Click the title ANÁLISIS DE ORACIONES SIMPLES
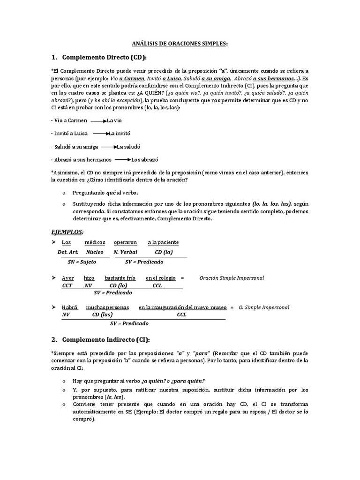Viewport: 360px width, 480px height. pos(180,44)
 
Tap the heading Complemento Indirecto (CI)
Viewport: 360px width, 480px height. pos(105,339)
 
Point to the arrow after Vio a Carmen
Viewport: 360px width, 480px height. pos(99,120)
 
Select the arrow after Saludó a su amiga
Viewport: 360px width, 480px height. pos(109,147)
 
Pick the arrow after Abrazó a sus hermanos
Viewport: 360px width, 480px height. pos(123,160)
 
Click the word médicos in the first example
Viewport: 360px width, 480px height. pos(95,242)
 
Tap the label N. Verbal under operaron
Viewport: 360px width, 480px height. pos(125,252)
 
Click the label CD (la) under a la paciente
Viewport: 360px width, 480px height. pos(164,252)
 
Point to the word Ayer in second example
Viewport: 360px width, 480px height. pos(68,278)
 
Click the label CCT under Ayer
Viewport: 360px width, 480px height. pos(67,285)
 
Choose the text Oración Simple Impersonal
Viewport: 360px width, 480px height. pos(232,278)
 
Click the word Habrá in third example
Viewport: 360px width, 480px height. pos(70,307)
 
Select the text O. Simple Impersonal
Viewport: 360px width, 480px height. pos(264,307)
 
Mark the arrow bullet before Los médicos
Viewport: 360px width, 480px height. pos(53,242)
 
